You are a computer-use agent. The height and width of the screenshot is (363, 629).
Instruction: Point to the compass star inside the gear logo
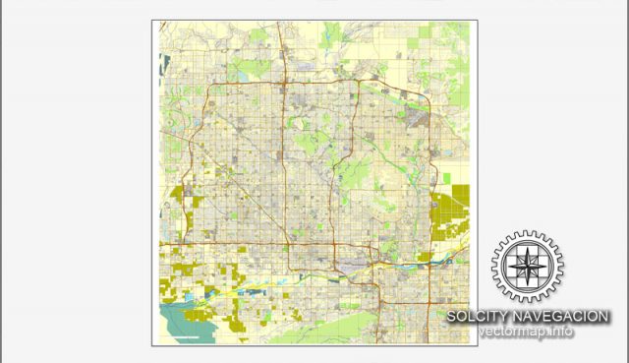point(529,267)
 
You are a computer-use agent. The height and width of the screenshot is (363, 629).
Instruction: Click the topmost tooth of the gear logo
point(529,234)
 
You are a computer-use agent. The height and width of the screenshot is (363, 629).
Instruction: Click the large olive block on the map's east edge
point(451,212)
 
